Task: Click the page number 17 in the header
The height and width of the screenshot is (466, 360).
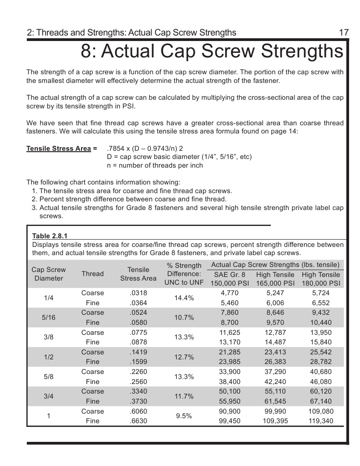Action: pyautogui.click(x=344, y=32)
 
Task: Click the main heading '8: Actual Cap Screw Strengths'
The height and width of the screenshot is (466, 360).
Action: pyautogui.click(x=212, y=51)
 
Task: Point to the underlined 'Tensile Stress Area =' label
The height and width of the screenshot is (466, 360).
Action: pyautogui.click(x=62, y=149)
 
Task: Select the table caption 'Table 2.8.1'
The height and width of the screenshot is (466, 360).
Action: pyautogui.click(x=50, y=236)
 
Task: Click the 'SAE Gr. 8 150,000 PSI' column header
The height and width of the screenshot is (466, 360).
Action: pyautogui.click(x=229, y=278)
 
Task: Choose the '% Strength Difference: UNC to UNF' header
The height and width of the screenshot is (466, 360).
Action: pyautogui.click(x=184, y=274)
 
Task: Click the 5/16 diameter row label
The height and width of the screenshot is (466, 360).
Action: pyautogui.click(x=49, y=317)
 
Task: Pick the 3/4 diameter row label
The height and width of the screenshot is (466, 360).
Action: pyautogui.click(x=49, y=396)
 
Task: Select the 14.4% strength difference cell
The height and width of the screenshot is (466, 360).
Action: pyautogui.click(x=184, y=298)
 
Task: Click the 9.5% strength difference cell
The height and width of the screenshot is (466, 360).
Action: pyautogui.click(x=184, y=416)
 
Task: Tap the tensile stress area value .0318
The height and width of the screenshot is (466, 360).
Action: pyautogui.click(x=138, y=293)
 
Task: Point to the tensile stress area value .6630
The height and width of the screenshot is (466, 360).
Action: pyautogui.click(x=138, y=421)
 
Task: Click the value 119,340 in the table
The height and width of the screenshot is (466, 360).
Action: pyautogui.click(x=321, y=421)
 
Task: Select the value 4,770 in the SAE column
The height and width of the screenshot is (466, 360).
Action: pyautogui.click(x=229, y=293)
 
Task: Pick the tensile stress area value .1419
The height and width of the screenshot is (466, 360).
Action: pyautogui.click(x=138, y=352)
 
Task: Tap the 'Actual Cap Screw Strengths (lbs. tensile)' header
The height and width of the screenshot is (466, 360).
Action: pyautogui.click(x=275, y=265)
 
